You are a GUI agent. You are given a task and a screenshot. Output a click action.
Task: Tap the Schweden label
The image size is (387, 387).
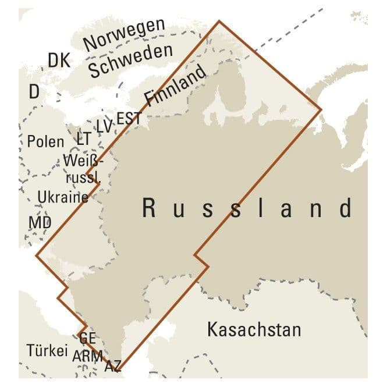(131, 61)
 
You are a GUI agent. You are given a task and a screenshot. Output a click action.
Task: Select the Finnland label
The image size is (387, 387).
(175, 85)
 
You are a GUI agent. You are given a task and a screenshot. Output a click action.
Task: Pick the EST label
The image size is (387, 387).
(129, 118)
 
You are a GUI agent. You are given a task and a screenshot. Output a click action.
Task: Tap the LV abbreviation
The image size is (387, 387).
(104, 126)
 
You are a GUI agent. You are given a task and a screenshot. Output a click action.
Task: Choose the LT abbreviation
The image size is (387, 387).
(84, 139)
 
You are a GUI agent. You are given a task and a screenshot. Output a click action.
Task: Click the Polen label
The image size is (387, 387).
(45, 141)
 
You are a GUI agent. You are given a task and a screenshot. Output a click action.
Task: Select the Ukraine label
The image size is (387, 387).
(63, 197)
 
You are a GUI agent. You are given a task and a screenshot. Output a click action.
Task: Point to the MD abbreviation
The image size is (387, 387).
(40, 222)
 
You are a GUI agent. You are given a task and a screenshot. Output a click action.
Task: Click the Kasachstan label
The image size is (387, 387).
(254, 330)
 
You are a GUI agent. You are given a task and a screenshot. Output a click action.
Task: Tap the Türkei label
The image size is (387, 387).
(47, 350)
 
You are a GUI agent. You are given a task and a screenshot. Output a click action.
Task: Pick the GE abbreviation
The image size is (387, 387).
(87, 338)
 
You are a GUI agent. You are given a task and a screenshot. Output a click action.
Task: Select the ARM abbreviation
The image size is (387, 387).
(88, 356)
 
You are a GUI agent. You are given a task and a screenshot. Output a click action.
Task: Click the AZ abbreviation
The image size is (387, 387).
(113, 367)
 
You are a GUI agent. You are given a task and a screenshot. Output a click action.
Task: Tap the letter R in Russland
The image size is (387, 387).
(150, 208)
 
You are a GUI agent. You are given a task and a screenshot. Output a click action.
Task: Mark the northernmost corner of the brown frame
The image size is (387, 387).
(219, 22)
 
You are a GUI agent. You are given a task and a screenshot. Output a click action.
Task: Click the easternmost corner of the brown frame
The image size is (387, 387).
(321, 109)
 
